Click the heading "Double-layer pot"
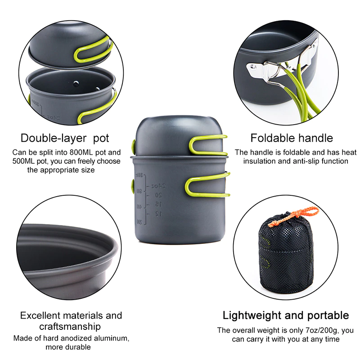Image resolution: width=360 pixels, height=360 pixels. (x=65, y=138)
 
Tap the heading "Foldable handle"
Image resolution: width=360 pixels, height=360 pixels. (x=292, y=138)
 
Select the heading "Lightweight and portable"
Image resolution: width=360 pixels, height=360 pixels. (x=286, y=315)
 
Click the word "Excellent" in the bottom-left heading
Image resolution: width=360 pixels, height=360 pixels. (x=42, y=315)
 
